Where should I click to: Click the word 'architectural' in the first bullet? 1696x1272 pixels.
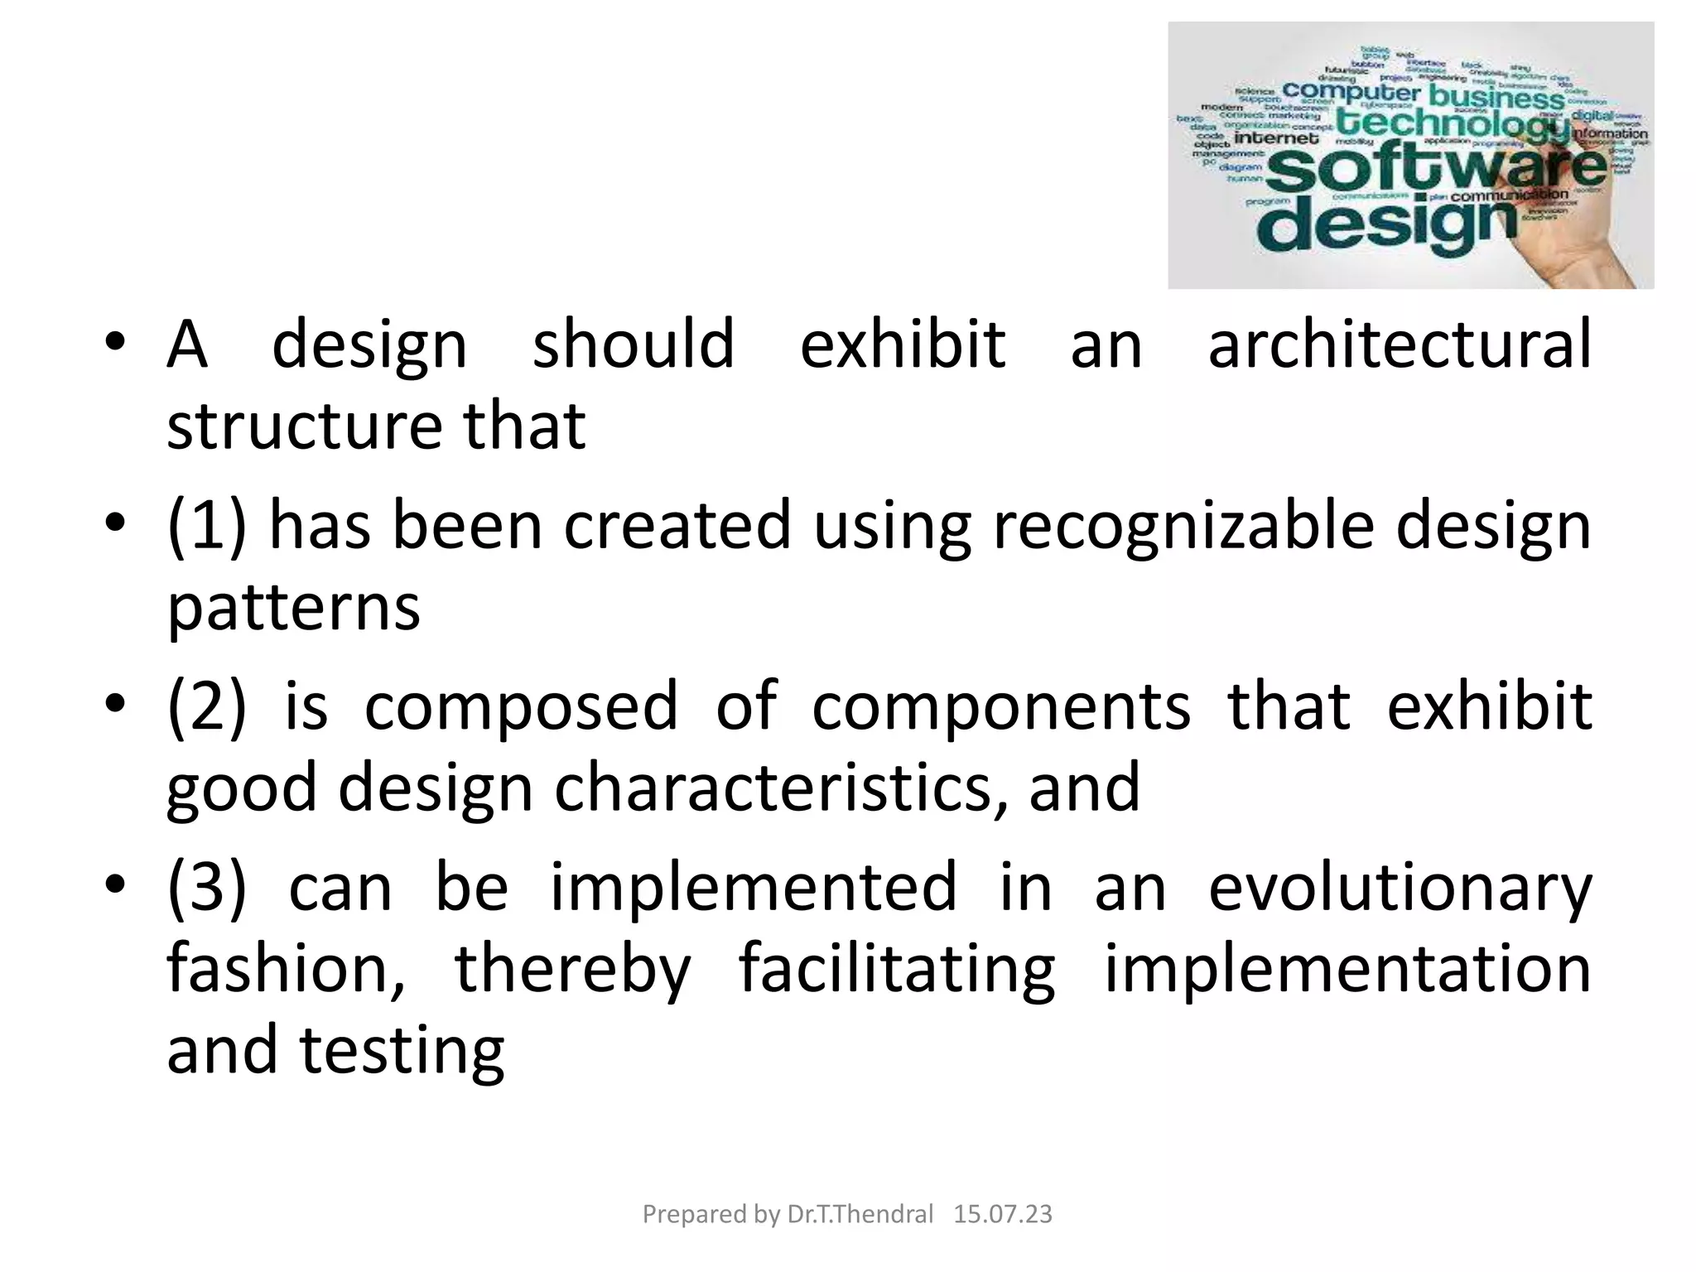[1400, 344]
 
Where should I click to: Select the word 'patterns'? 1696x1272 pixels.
[294, 609]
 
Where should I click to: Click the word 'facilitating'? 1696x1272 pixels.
[897, 969]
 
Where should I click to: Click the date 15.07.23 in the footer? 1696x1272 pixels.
[1002, 1214]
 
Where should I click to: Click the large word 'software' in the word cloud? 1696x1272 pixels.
[1437, 168]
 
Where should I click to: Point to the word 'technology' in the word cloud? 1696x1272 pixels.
[1453, 124]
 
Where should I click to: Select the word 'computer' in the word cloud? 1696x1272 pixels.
[1351, 91]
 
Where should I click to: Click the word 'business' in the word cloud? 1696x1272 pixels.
[1497, 97]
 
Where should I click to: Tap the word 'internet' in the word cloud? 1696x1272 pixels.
[1276, 138]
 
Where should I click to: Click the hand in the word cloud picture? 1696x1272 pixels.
[1573, 240]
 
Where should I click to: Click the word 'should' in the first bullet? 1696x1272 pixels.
[634, 344]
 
